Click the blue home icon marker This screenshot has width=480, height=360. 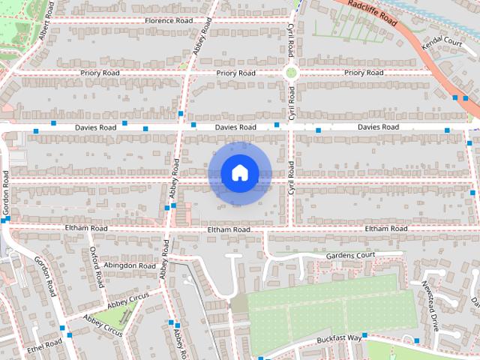[238, 172]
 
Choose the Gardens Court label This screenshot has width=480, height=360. [350, 256]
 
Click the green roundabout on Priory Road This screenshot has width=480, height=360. [290, 73]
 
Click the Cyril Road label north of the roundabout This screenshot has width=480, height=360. [290, 42]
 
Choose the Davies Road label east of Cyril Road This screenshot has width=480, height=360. [378, 127]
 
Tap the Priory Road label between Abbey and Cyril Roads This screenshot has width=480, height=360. [235, 73]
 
